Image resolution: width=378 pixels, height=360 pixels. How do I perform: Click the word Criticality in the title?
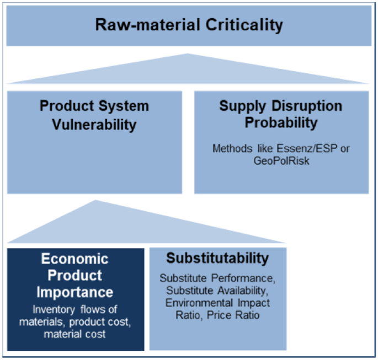[x=244, y=25]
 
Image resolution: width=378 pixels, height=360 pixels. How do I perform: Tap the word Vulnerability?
[x=94, y=125]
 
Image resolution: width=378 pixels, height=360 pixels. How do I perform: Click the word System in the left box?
[x=124, y=106]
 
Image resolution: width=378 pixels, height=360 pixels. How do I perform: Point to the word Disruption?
[x=307, y=106]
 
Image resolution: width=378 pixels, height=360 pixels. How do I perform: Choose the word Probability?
[x=281, y=122]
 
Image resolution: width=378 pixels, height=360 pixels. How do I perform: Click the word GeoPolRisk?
[x=281, y=160]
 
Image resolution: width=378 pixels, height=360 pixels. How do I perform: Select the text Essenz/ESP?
[x=307, y=148]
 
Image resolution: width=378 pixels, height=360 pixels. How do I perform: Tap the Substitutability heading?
[x=217, y=258]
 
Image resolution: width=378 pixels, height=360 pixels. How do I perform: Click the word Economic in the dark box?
[x=74, y=259]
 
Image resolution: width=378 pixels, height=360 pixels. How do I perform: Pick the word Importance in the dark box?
[x=74, y=292]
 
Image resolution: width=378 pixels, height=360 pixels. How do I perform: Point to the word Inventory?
[x=54, y=309]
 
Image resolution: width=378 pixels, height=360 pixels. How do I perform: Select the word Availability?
[x=243, y=291]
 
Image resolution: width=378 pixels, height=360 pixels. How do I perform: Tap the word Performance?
[x=243, y=278]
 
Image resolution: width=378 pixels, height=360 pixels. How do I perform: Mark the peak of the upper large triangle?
[x=187, y=53]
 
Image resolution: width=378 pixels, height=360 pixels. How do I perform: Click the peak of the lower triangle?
[x=95, y=200]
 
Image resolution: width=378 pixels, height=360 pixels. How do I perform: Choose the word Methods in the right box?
[x=232, y=148]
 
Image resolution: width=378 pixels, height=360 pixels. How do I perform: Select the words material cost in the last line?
[x=74, y=334]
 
